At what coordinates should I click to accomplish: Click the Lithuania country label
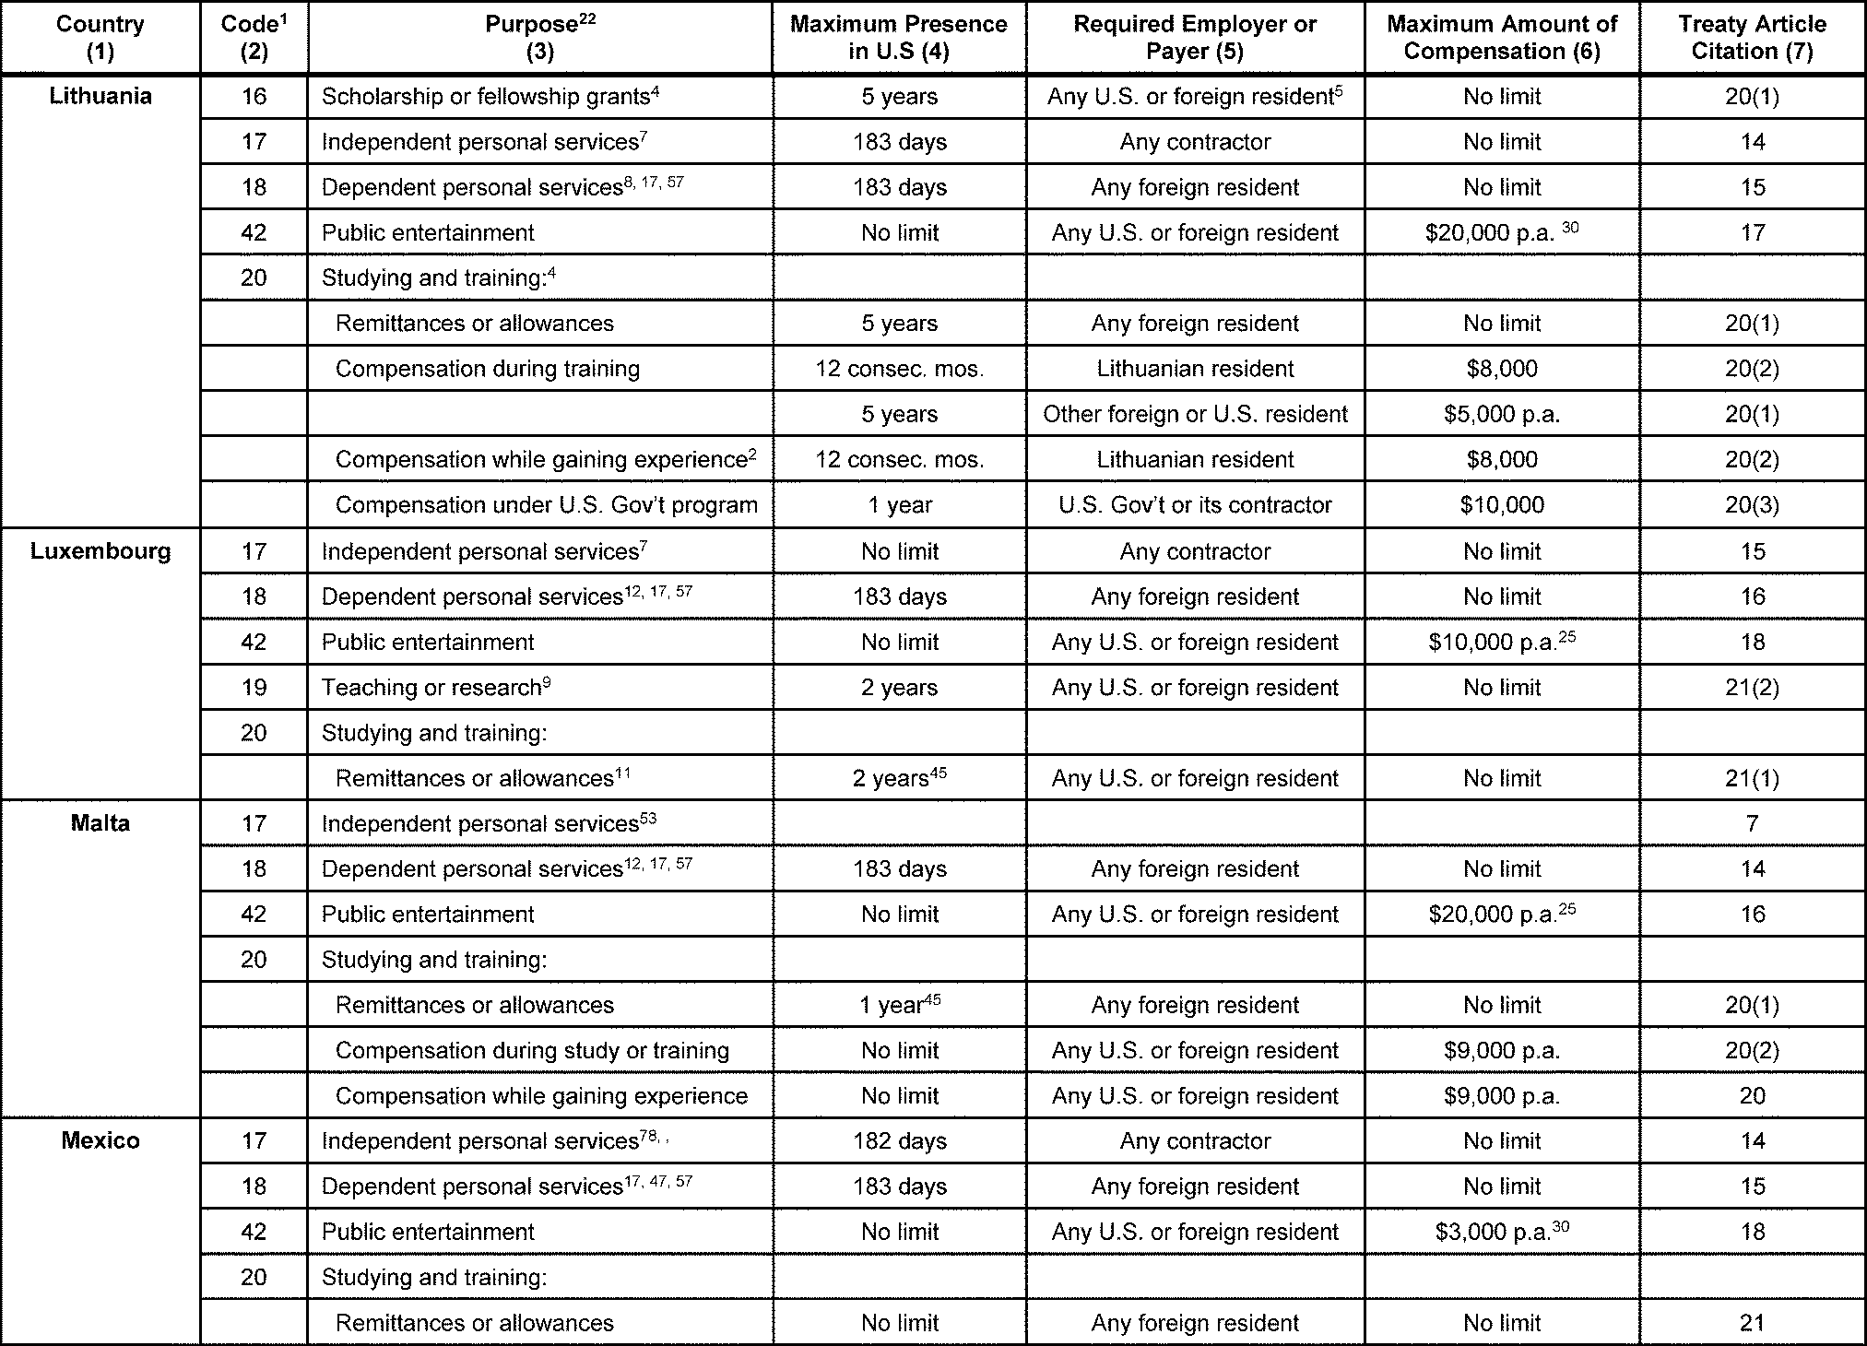point(100,97)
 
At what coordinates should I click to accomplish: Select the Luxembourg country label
point(100,551)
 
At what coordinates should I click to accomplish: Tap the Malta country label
point(100,823)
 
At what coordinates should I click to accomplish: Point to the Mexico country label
point(100,1140)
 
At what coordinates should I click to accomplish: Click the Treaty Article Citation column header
point(1752,38)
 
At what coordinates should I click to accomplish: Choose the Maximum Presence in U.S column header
point(899,38)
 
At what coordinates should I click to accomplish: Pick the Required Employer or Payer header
point(1195,38)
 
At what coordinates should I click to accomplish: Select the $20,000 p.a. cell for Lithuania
point(1501,232)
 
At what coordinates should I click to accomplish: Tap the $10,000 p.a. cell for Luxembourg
point(1501,642)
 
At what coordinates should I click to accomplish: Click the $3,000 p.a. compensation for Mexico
point(1501,1232)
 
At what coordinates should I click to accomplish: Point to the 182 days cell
point(899,1141)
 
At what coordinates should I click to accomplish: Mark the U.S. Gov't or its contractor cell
point(1195,505)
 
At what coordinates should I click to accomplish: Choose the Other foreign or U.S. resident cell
point(1195,414)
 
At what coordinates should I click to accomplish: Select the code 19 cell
point(254,688)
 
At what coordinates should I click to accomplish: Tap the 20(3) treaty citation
point(1752,505)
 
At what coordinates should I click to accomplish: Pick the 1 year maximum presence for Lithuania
point(899,505)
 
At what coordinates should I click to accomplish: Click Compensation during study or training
point(532,1050)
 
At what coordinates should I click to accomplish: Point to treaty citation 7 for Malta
point(1752,823)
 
